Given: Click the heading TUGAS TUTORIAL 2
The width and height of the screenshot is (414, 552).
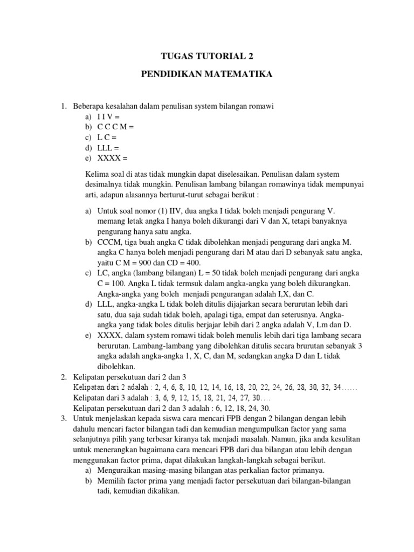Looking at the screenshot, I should [207, 56].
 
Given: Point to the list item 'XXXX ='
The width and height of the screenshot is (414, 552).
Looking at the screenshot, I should [113, 158].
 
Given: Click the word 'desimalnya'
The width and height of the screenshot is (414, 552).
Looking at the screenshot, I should [105, 185].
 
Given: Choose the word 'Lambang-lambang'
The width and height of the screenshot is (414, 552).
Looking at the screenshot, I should [161, 346].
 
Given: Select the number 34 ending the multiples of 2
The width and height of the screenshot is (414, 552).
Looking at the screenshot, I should [337, 387].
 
